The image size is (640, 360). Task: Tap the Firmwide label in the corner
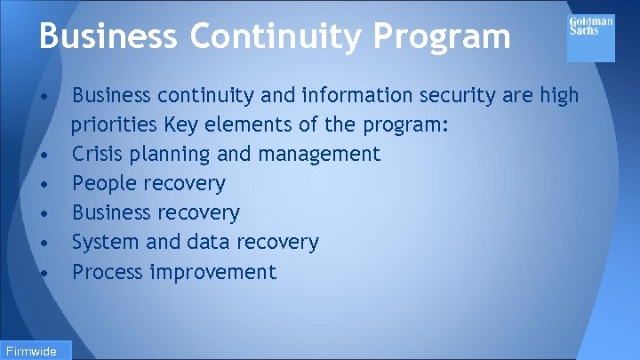pos(30,350)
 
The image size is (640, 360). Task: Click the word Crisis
pos(96,154)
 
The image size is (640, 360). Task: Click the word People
pos(100,184)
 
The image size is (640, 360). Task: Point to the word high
pos(557,95)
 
